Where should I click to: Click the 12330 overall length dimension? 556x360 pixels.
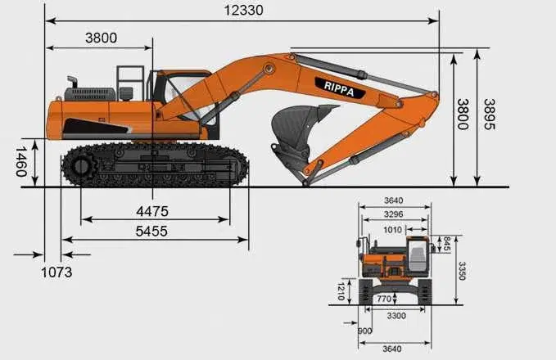243,11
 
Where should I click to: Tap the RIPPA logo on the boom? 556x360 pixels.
339,88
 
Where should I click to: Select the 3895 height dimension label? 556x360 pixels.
490,114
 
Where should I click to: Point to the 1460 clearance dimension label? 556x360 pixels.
21,162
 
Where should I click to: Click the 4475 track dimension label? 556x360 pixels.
152,212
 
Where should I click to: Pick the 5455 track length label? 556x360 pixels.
151,232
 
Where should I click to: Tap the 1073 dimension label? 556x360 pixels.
57,272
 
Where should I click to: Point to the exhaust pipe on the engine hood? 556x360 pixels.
73,82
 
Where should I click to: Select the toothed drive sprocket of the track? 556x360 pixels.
81,167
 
